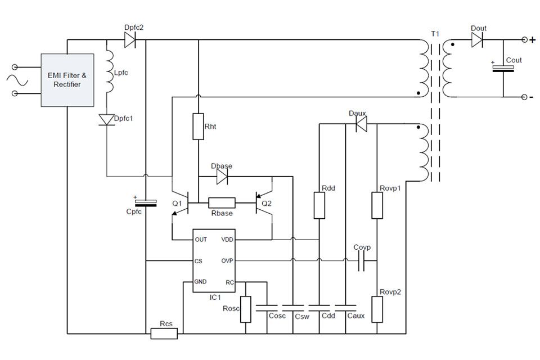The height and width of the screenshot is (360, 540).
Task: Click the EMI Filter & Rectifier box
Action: coord(67,80)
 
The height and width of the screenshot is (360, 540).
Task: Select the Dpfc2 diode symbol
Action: coord(129,39)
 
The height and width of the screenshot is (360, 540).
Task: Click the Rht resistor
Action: coord(198,127)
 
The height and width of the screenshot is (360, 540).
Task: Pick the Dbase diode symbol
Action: coord(222,177)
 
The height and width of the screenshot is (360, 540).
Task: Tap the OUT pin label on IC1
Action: coord(201,240)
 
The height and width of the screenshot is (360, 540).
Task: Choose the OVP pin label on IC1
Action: coord(227,261)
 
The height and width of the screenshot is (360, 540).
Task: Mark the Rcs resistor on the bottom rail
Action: coord(164,334)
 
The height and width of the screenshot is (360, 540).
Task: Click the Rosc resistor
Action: coord(245,309)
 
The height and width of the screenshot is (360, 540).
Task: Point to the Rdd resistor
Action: coord(319,205)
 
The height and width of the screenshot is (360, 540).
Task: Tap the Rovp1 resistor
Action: coord(377,205)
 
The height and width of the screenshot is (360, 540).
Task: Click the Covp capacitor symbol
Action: coord(361,261)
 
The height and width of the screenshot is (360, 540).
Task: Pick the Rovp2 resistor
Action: coord(377,308)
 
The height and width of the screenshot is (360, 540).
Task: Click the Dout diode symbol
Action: coord(477,39)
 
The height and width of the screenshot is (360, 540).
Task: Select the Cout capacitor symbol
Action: coord(503,68)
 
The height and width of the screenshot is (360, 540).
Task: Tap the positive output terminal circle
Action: coord(525,39)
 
